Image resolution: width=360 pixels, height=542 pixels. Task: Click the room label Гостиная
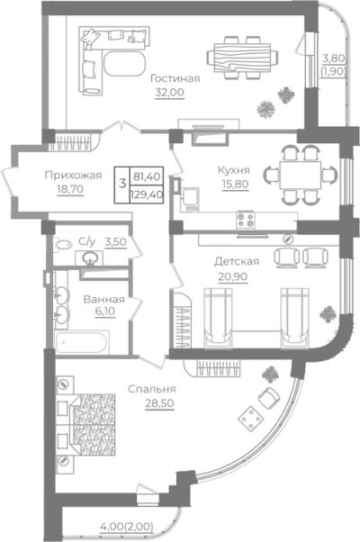point(175,78)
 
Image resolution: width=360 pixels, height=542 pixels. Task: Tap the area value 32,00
point(169,93)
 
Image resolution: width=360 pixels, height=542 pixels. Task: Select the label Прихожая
point(73,176)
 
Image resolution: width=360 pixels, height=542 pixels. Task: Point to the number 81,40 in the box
point(147,176)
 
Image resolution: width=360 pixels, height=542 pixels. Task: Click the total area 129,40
point(147,194)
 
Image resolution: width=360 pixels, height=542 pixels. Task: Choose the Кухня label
point(234,170)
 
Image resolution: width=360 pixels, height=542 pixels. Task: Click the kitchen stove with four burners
point(246,220)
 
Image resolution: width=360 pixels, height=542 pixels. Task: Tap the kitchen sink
point(189,199)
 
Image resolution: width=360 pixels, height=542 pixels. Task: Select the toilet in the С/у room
point(62,244)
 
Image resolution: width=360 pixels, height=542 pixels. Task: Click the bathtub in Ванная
point(82,341)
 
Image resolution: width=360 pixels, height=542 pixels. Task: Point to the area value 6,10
point(105,312)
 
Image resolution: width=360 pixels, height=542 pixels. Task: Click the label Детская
point(237,261)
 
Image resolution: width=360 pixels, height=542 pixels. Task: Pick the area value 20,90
point(232,276)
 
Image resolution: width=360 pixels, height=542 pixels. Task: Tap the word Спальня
point(152,389)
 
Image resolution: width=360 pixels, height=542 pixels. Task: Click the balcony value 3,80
point(333,58)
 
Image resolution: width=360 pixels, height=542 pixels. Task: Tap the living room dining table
point(242,58)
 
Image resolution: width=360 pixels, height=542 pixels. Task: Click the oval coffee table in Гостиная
point(125,64)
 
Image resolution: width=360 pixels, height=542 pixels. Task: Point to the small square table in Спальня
point(251,419)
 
